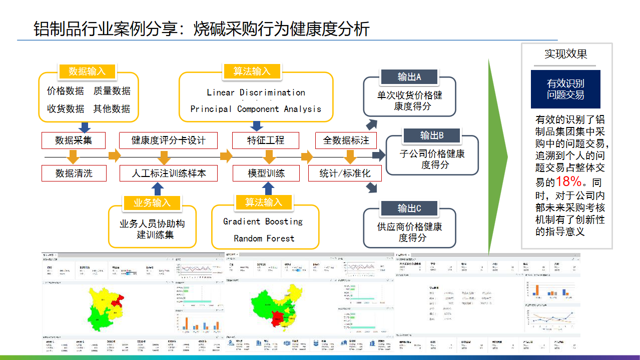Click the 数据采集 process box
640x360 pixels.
74,140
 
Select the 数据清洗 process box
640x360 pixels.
74,173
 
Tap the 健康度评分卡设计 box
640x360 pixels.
168,140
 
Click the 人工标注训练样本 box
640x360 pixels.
168,173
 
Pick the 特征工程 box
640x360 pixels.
266,140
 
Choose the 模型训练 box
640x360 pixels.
266,173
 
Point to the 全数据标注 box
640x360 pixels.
346,140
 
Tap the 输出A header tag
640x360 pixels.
409,77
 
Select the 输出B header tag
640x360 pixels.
432,135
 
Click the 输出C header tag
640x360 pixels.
409,208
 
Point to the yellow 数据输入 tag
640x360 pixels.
87,71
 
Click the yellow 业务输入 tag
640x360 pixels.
152,203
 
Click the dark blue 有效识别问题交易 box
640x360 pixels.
565,89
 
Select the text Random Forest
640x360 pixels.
264,238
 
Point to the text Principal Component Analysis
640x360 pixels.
256,109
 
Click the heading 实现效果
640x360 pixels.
565,54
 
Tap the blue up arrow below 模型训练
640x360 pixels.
269,188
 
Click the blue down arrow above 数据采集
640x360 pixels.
85,127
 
